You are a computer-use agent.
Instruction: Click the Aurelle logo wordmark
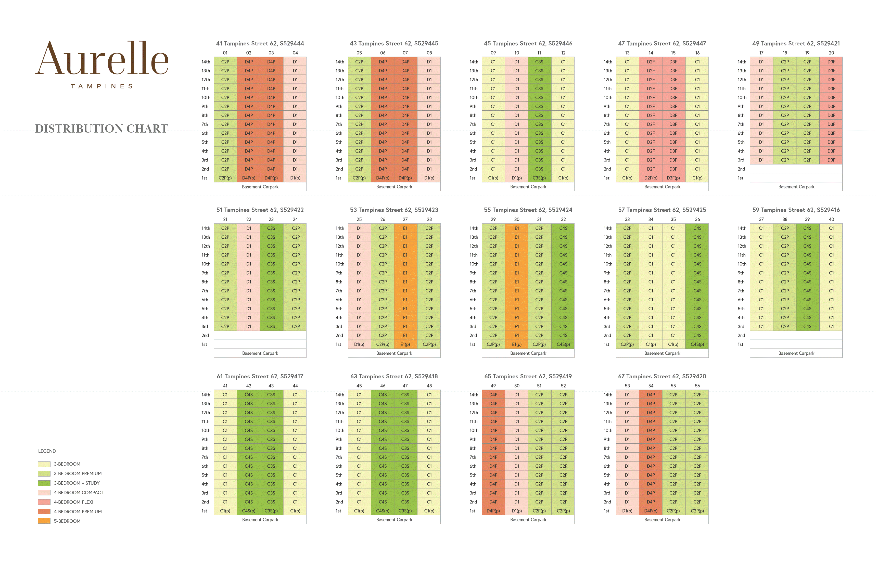pyautogui.click(x=102, y=59)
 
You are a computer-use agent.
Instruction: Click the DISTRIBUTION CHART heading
pyautogui.click(x=102, y=129)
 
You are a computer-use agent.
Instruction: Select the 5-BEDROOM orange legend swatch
pyautogui.click(x=44, y=521)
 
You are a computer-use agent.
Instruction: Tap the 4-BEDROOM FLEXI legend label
pyautogui.click(x=73, y=502)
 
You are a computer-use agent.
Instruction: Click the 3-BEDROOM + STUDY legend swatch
pyautogui.click(x=44, y=483)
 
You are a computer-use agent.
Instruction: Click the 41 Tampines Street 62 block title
pyautogui.click(x=260, y=43)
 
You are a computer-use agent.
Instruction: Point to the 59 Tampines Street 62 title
pyautogui.click(x=796, y=210)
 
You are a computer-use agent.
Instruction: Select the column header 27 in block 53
pyautogui.click(x=405, y=219)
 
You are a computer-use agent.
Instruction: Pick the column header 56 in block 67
pyautogui.click(x=697, y=386)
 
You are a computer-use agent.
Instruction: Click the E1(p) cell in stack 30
pyautogui.click(x=517, y=344)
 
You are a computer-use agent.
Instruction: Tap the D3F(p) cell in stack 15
pyautogui.click(x=673, y=178)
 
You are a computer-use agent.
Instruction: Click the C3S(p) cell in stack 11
pyautogui.click(x=539, y=178)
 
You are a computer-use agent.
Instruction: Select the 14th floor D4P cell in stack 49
pyautogui.click(x=493, y=395)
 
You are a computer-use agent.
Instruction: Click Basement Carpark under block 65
pyautogui.click(x=528, y=520)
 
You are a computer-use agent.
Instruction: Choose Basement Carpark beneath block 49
pyautogui.click(x=796, y=187)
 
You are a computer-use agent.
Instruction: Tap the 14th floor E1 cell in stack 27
pyautogui.click(x=405, y=228)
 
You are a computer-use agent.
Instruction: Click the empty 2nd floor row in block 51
pyautogui.click(x=260, y=335)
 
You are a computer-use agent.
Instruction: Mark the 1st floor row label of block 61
pyautogui.click(x=204, y=511)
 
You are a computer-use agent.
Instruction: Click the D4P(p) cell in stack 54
pyautogui.click(x=651, y=511)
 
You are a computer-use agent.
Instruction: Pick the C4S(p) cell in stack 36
pyautogui.click(x=697, y=344)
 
